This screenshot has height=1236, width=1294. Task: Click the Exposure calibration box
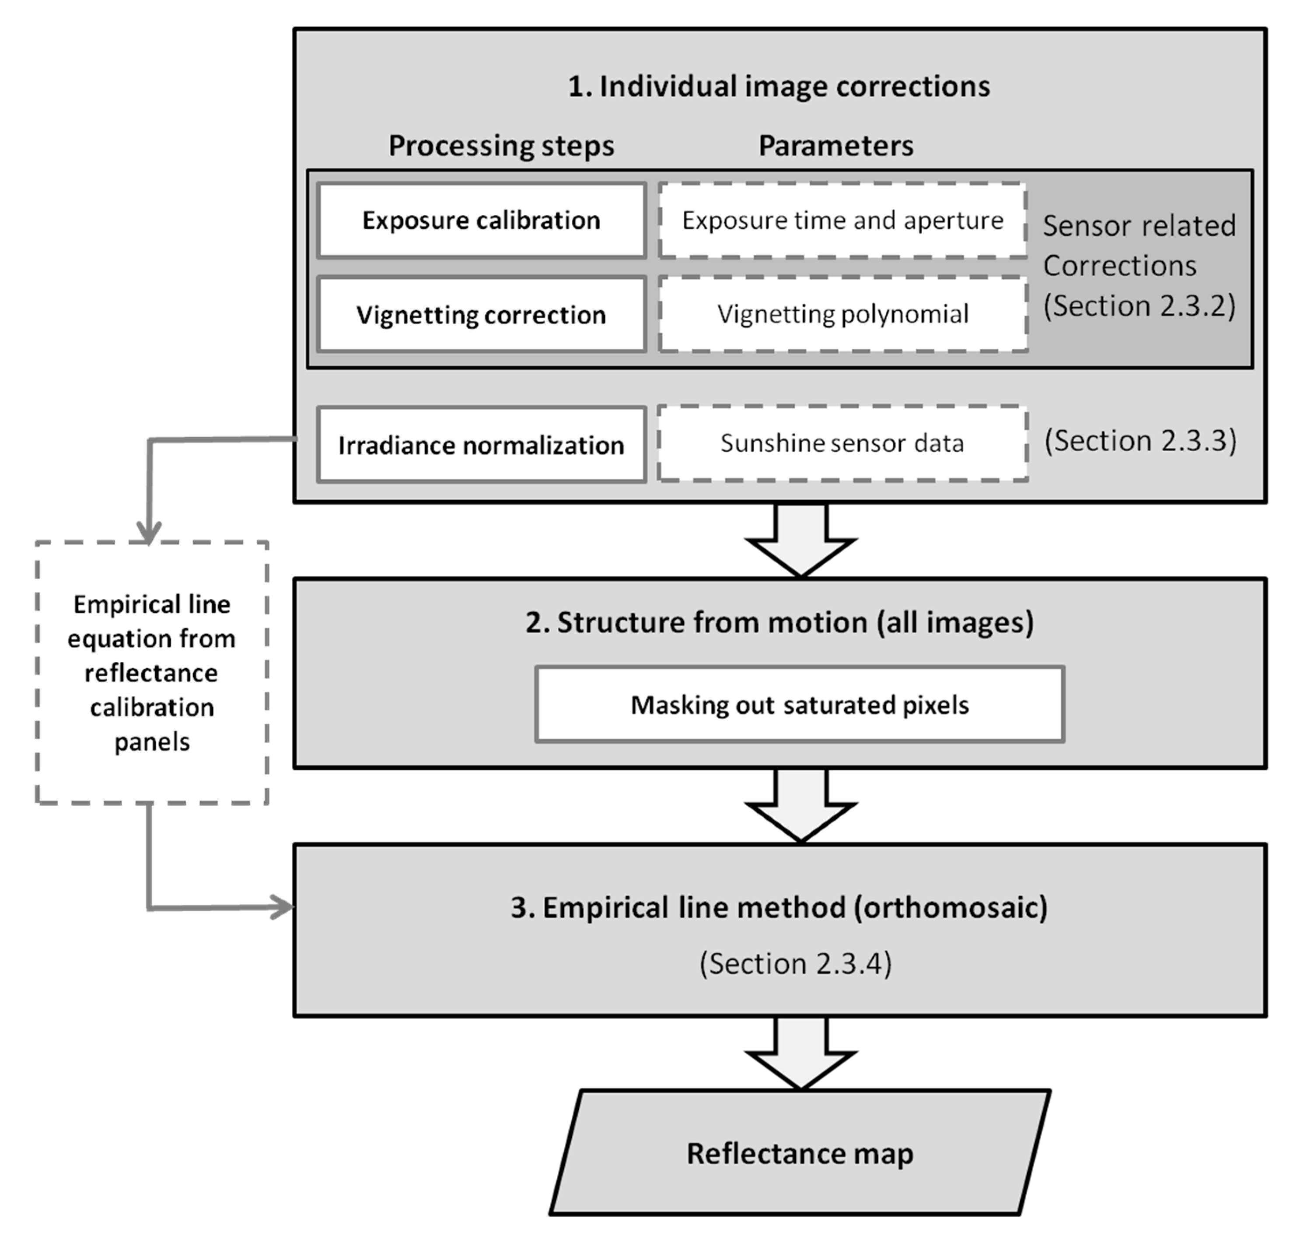click(x=481, y=220)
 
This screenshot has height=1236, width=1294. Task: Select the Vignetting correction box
click(x=481, y=314)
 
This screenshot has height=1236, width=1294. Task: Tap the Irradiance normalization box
click(x=481, y=445)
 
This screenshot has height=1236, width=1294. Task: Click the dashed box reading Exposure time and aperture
click(x=842, y=220)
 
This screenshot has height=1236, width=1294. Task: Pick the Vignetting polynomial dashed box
click(x=842, y=314)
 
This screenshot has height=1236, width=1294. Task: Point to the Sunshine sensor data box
click(x=842, y=443)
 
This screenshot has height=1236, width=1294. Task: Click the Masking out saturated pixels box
click(x=799, y=704)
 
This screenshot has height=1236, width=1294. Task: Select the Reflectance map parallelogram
click(x=799, y=1153)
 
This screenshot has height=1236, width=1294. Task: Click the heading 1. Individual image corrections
click(x=779, y=86)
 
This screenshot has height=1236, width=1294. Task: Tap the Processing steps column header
click(x=501, y=146)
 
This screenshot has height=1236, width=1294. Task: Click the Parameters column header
click(x=836, y=146)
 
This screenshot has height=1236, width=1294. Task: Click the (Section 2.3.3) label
click(x=1140, y=441)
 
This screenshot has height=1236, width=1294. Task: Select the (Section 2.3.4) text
click(x=795, y=963)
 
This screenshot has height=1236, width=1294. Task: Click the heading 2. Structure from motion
click(x=779, y=622)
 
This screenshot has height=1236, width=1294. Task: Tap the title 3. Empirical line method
click(x=779, y=907)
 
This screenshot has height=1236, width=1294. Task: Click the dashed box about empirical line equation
click(x=151, y=672)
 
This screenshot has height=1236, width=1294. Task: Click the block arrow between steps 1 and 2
click(x=801, y=540)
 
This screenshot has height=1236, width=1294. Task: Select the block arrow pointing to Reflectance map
click(x=801, y=1053)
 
